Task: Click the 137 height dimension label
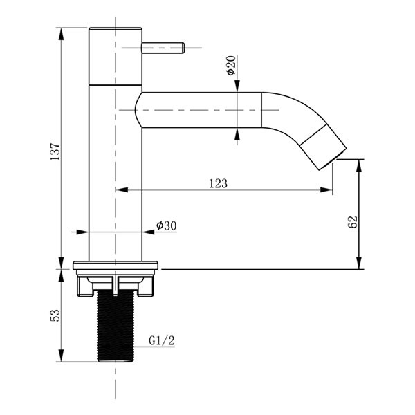point(55,151)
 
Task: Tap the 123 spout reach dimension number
point(219,183)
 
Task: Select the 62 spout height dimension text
point(352,222)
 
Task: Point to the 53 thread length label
point(55,315)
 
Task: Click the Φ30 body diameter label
point(167,225)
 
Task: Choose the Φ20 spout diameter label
point(231,65)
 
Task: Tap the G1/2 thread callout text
point(162,340)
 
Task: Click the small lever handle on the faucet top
point(163,48)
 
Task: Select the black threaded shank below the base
point(116,326)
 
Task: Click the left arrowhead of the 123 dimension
point(122,190)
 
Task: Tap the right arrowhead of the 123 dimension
point(326,190)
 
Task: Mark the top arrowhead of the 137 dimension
point(61,34)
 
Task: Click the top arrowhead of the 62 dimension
point(359,166)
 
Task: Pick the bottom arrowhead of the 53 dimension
point(61,356)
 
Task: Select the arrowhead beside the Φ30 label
point(149,232)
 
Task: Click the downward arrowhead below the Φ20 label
point(237,86)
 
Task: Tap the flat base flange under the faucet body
point(116,266)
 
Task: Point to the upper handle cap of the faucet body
point(116,57)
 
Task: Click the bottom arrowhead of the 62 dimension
point(359,263)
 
